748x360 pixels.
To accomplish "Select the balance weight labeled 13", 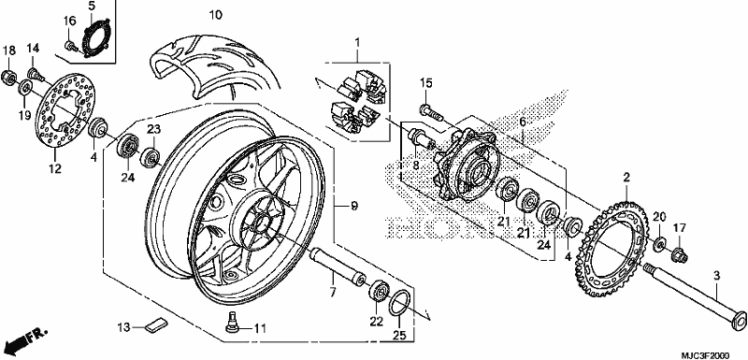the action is [x=156, y=324].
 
